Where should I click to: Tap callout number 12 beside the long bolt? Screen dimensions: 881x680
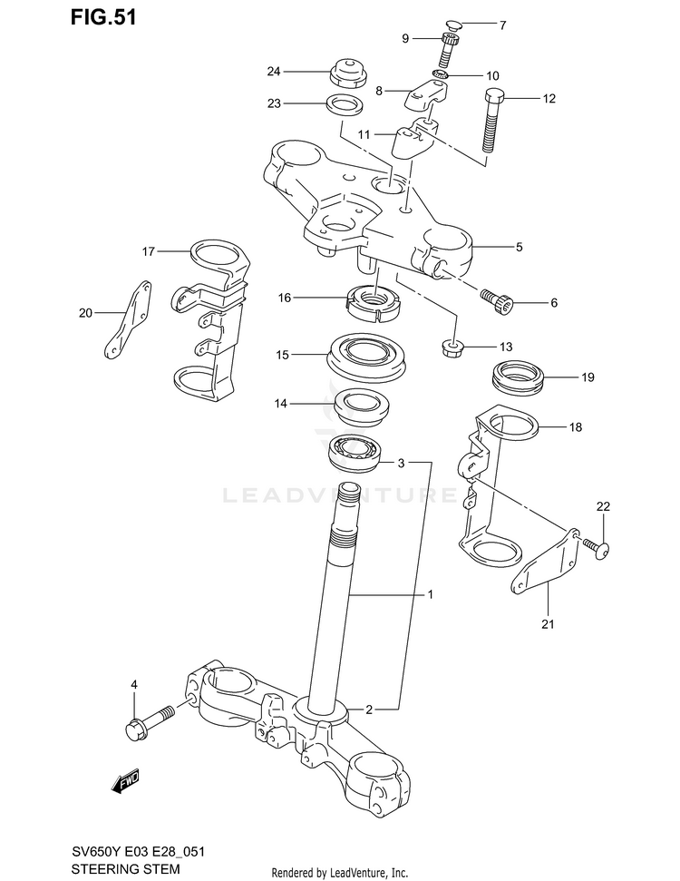point(549,99)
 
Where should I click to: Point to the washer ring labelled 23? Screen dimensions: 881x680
point(345,104)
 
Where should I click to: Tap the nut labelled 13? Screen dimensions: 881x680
point(453,347)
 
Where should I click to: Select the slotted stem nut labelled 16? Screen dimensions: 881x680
point(374,300)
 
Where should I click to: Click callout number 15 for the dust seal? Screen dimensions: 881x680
point(282,356)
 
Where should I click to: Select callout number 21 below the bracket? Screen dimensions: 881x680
point(548,623)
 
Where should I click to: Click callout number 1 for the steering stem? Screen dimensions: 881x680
point(431,595)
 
